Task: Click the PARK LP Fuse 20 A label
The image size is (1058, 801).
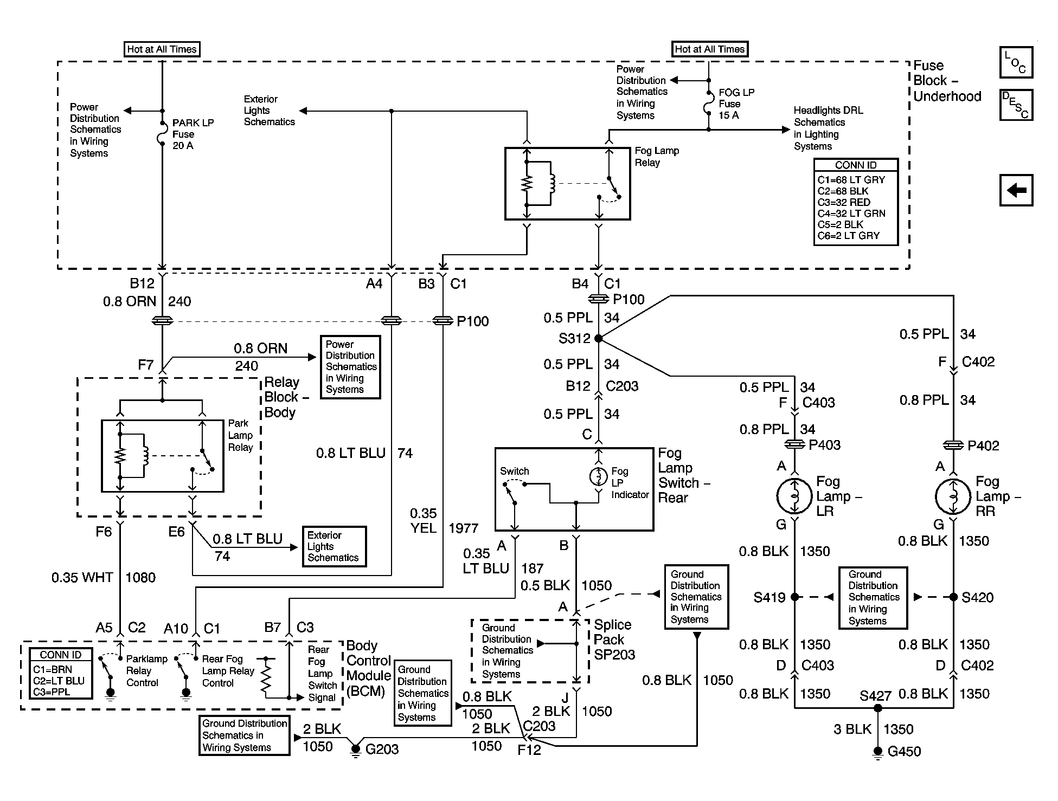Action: pyautogui.click(x=193, y=134)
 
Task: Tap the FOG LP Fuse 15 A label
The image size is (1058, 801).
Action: pyautogui.click(x=736, y=104)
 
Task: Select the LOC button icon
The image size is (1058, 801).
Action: pyautogui.click(x=1016, y=62)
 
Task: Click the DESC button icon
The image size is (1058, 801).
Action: pyautogui.click(x=1016, y=105)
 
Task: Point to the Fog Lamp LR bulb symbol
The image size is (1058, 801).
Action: pyautogui.click(x=794, y=496)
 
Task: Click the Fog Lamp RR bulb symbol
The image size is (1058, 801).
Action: pyautogui.click(x=953, y=496)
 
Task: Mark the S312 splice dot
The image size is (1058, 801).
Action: pyautogui.click(x=598, y=338)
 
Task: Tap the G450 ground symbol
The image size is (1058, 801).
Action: pyautogui.click(x=877, y=753)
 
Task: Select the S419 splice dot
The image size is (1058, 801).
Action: pyautogui.click(x=794, y=597)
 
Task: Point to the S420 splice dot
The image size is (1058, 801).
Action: pyautogui.click(x=953, y=597)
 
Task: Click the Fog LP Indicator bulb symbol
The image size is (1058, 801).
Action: pyautogui.click(x=598, y=476)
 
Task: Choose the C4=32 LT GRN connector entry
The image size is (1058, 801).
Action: pyautogui.click(x=851, y=214)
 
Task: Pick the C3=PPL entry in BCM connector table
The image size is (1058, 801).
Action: pyautogui.click(x=52, y=692)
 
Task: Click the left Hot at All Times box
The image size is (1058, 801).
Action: pyautogui.click(x=162, y=49)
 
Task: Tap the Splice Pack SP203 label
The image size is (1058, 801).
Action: pyautogui.click(x=614, y=639)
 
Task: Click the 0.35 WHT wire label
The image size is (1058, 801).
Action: pyautogui.click(x=82, y=578)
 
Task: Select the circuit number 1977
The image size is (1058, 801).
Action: pyautogui.click(x=463, y=528)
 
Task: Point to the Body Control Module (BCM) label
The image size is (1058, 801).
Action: pyautogui.click(x=368, y=669)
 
